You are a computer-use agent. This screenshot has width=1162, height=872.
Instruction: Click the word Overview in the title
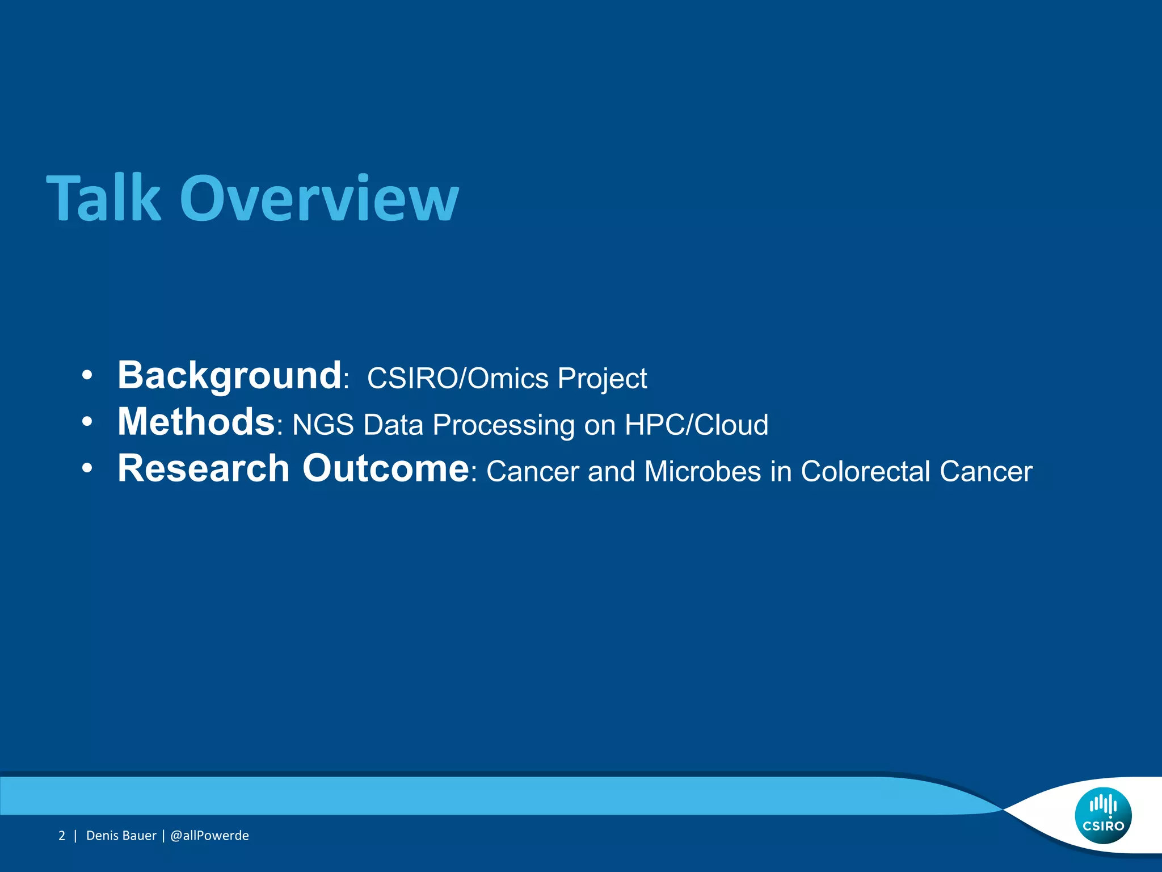pos(319,199)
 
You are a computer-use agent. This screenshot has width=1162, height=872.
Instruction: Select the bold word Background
pos(229,376)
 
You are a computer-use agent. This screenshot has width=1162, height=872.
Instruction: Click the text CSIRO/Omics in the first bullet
pos(457,379)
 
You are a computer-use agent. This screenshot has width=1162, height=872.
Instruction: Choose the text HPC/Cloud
pos(696,425)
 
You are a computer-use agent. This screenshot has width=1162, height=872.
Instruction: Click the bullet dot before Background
pos(87,376)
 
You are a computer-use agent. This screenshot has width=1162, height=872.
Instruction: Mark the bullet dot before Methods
pos(87,422)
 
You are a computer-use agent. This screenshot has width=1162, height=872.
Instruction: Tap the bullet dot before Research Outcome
pos(87,469)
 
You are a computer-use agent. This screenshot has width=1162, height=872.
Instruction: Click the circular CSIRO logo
pos(1103,816)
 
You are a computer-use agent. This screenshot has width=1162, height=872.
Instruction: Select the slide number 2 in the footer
pos(62,836)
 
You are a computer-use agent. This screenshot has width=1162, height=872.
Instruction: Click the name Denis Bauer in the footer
pos(121,836)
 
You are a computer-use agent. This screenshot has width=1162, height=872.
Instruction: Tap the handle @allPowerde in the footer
pos(209,836)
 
